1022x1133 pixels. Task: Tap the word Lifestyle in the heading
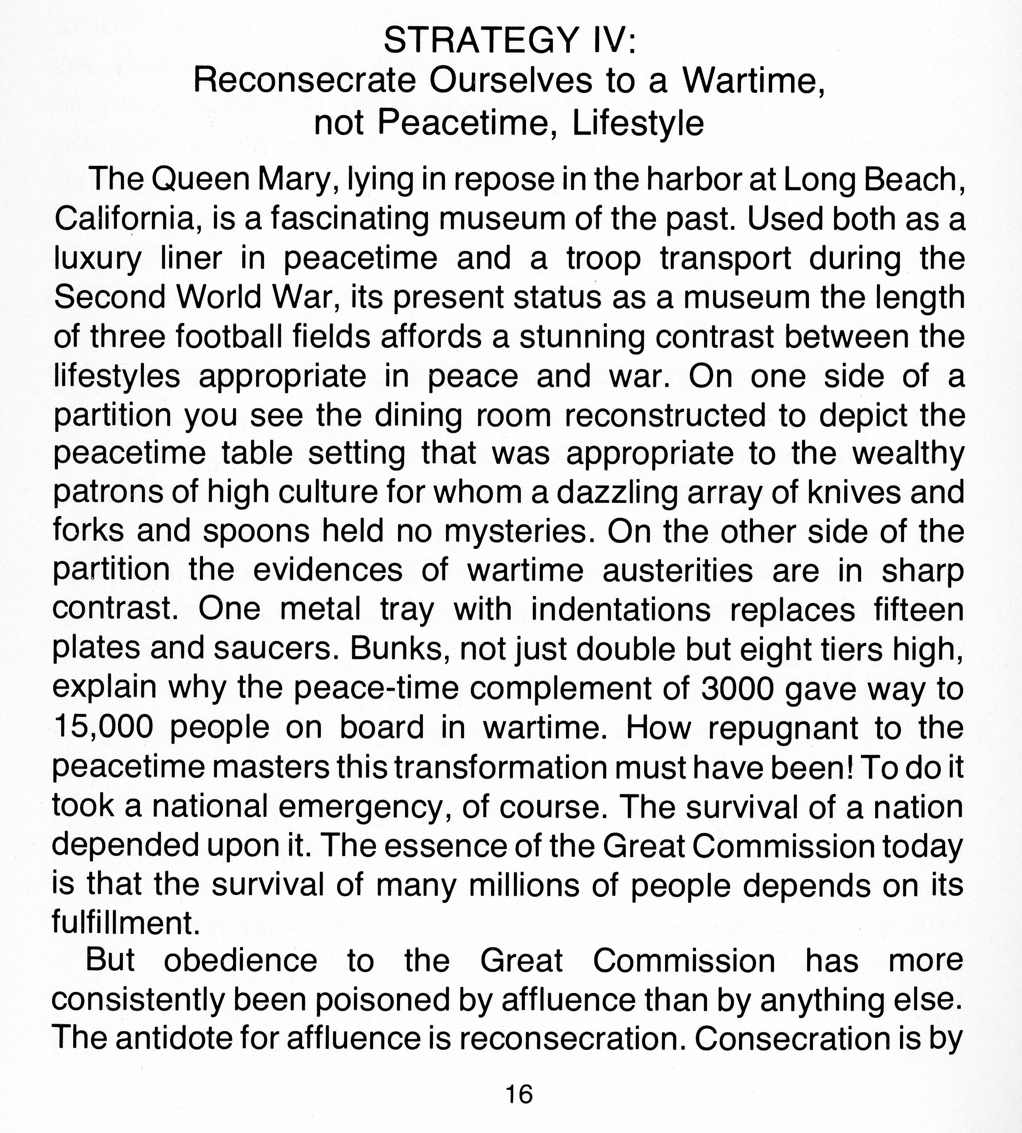(637, 124)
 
